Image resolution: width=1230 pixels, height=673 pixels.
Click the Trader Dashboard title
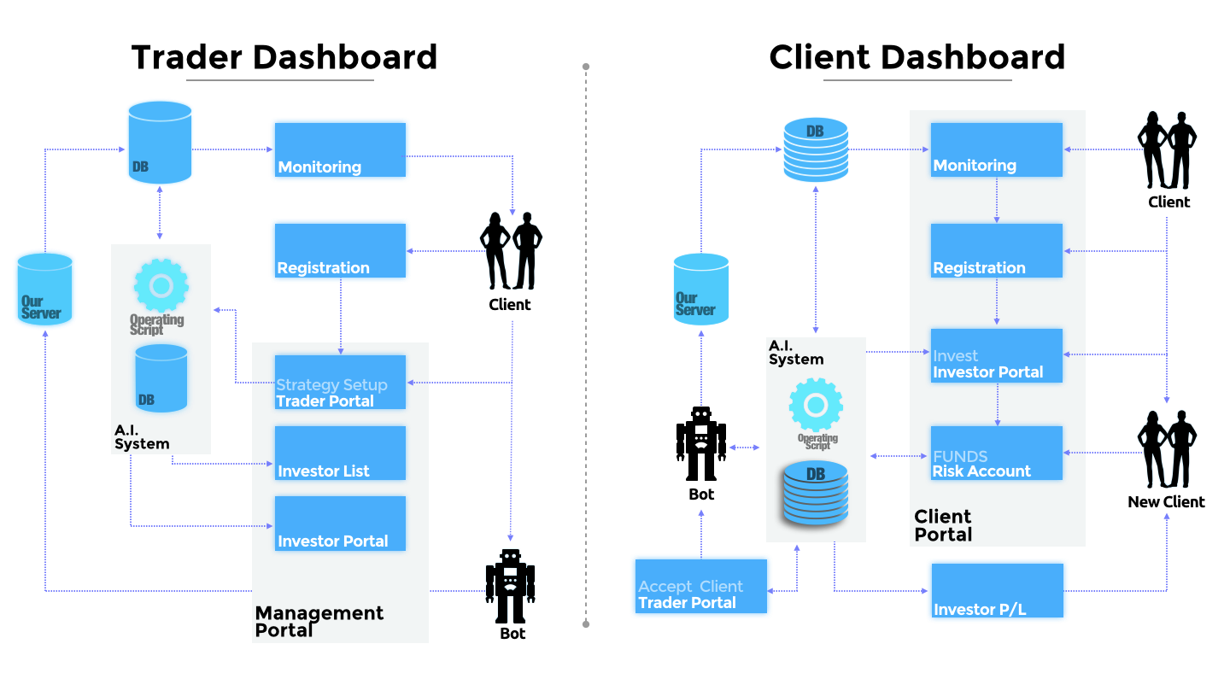(x=284, y=57)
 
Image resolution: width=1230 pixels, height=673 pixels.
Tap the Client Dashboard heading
(x=917, y=57)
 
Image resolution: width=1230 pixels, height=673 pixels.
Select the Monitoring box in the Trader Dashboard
(x=340, y=150)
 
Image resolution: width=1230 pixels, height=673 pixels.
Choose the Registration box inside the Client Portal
(x=996, y=251)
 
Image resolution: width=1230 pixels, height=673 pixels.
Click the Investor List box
(x=340, y=454)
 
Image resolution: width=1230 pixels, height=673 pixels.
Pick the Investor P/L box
(x=997, y=590)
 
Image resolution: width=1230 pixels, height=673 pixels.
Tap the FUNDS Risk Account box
(x=996, y=454)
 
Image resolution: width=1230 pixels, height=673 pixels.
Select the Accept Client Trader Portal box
(x=701, y=587)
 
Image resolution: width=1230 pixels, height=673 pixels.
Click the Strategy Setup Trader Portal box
(x=340, y=383)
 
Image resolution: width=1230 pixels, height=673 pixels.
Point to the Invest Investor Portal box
(x=996, y=355)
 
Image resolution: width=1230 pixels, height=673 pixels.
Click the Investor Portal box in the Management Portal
(x=340, y=524)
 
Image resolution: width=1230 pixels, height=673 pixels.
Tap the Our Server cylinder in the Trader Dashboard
(x=44, y=290)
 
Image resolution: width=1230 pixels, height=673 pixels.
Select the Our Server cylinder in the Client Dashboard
(x=701, y=290)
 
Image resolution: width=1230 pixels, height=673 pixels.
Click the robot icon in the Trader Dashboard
(x=510, y=585)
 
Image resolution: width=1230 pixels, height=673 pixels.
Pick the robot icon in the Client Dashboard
(x=700, y=443)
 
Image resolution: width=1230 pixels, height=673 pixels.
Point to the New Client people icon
(x=1166, y=450)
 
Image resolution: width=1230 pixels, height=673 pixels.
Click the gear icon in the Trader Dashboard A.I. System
(x=161, y=285)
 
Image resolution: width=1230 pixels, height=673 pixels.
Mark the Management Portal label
(x=319, y=621)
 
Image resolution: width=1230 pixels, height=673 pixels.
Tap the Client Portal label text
(x=943, y=525)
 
